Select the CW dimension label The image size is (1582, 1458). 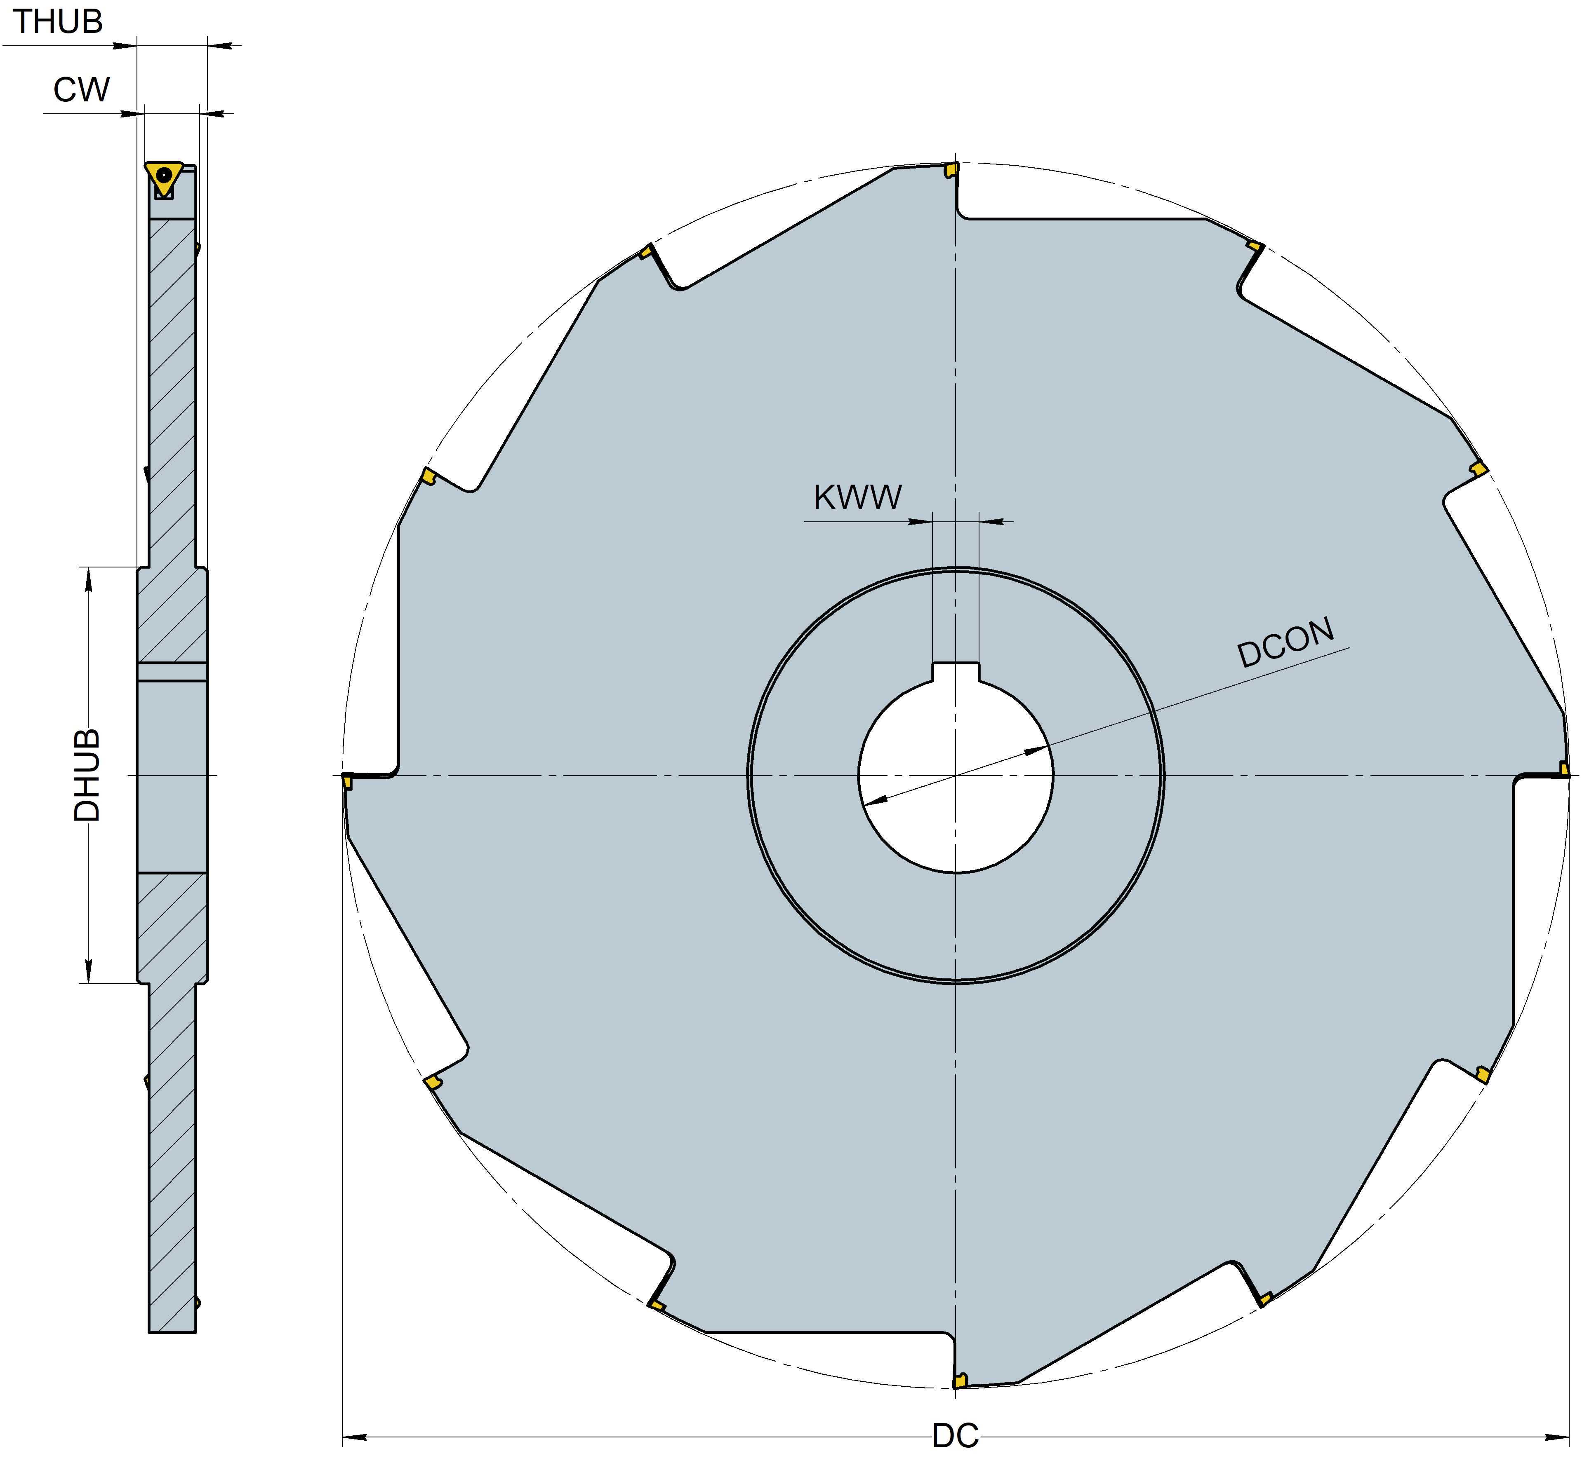81,90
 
